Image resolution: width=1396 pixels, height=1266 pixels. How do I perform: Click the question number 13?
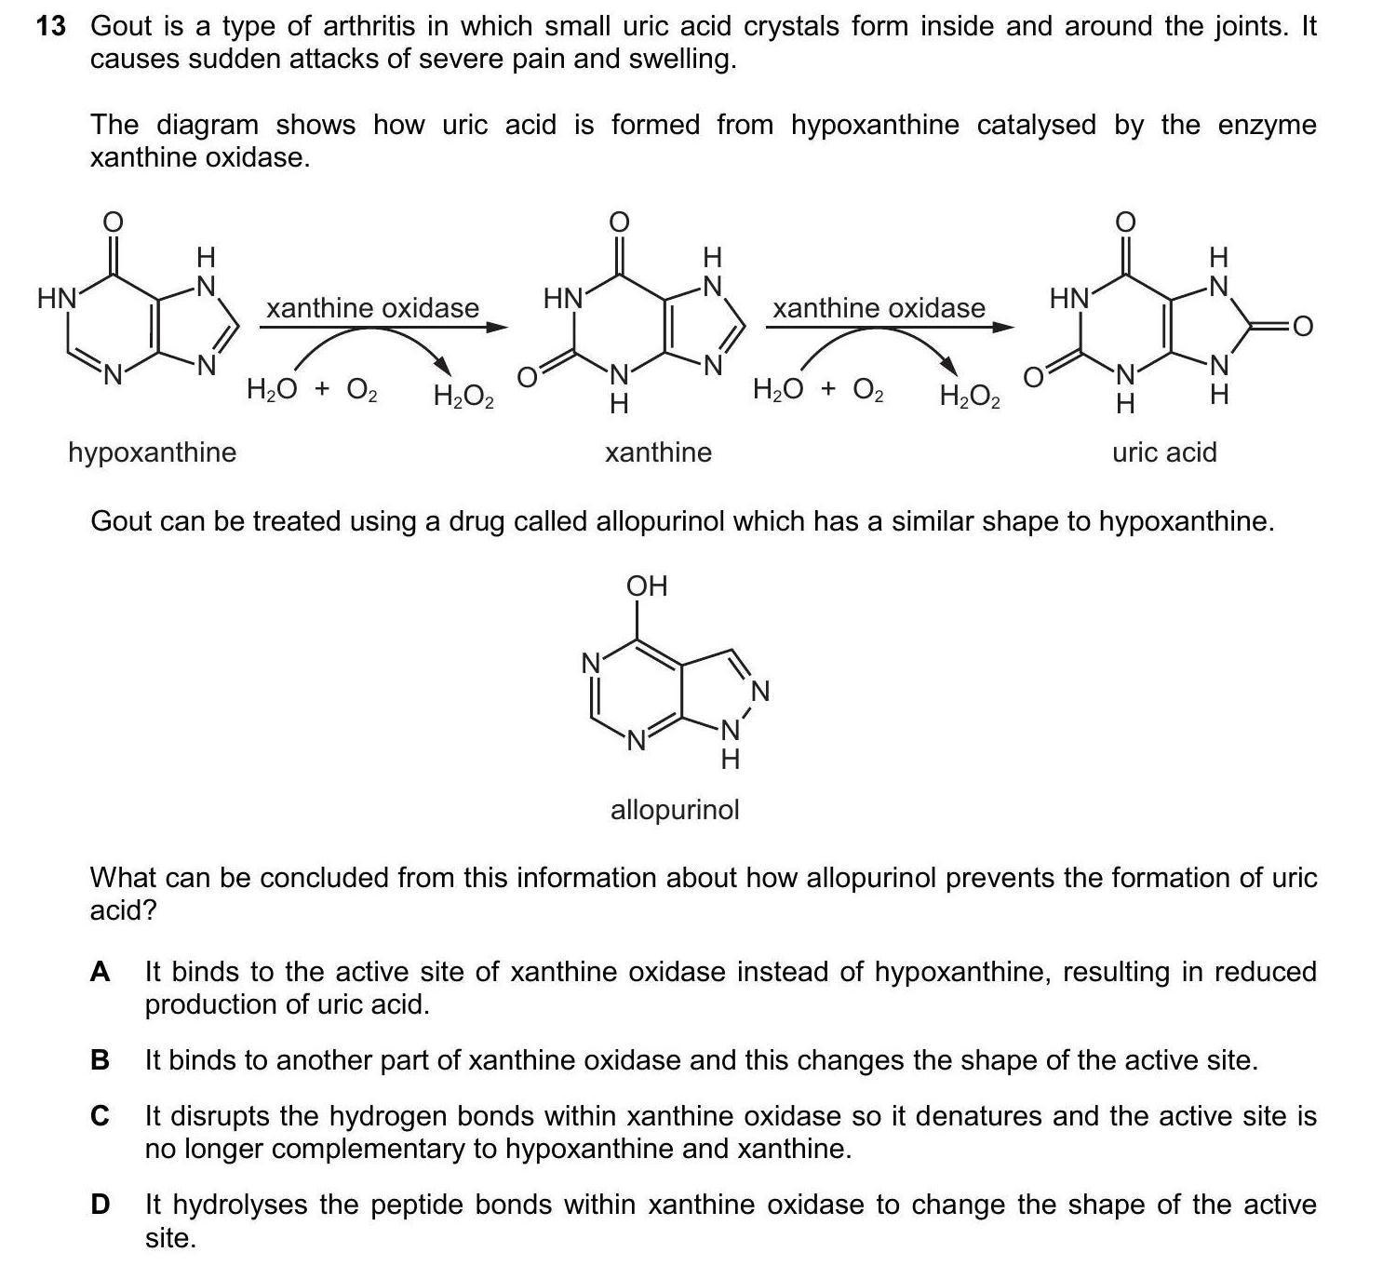tap(51, 26)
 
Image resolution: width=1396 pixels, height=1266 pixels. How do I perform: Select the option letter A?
tap(101, 972)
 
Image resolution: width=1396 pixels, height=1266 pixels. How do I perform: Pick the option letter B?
tap(101, 1060)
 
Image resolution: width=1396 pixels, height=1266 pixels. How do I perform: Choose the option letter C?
tap(101, 1115)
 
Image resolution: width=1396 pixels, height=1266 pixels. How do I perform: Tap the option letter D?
tap(101, 1205)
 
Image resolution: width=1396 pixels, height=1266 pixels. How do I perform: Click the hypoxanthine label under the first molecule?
tap(153, 452)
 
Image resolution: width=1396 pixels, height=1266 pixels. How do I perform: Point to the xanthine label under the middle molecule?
tap(658, 452)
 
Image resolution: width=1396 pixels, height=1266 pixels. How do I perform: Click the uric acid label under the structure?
tap(1164, 452)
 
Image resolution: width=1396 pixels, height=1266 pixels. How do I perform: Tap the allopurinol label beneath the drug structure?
tap(675, 810)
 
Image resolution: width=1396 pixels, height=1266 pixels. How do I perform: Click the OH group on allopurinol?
tap(647, 586)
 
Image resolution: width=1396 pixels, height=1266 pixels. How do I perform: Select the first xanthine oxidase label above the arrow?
tap(372, 308)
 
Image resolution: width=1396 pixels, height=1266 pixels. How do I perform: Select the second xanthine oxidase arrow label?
tap(879, 308)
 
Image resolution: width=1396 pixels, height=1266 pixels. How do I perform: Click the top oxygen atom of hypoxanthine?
tap(112, 222)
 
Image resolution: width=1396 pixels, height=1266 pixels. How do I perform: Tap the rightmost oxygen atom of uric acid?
tap(1302, 326)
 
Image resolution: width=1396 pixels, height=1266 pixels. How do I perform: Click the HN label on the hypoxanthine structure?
tap(56, 299)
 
